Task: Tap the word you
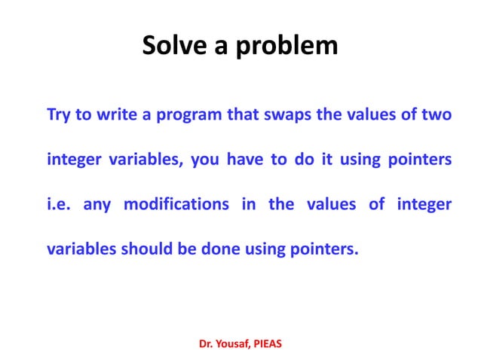(205, 160)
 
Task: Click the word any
(97, 205)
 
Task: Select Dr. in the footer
(206, 343)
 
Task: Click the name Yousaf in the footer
(234, 343)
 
